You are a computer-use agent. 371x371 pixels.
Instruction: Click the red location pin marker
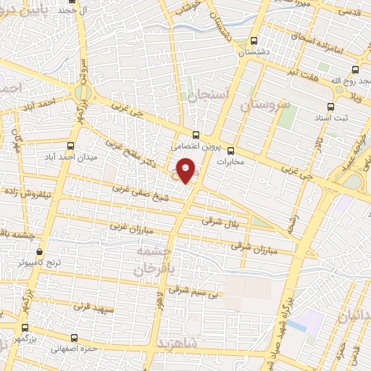(187, 170)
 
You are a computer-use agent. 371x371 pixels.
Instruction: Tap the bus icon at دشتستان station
(254, 41)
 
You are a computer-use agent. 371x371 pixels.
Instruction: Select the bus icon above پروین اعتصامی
(196, 134)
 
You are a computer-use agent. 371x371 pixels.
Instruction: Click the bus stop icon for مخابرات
(231, 151)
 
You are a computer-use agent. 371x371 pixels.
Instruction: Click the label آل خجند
(62, 11)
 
